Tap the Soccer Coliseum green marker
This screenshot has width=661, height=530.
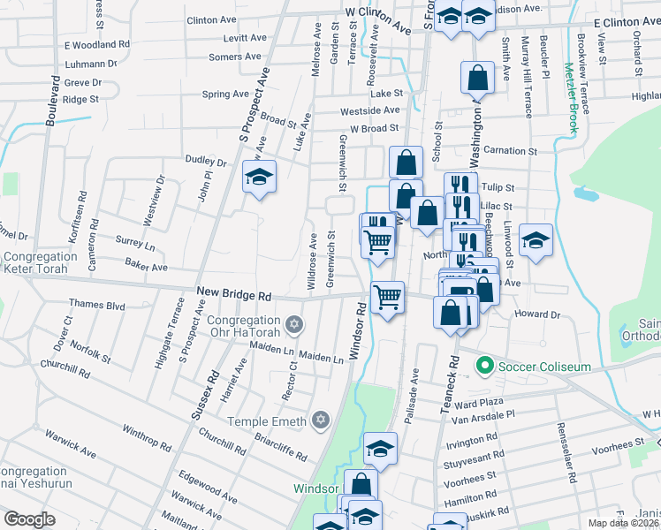tap(483, 364)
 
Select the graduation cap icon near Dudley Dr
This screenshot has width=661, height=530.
tap(260, 177)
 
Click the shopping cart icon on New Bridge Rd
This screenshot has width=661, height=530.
tap(387, 297)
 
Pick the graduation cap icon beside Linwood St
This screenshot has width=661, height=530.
tap(536, 239)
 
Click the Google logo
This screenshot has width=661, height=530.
tap(28, 519)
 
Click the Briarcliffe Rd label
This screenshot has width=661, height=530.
tap(277, 444)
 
